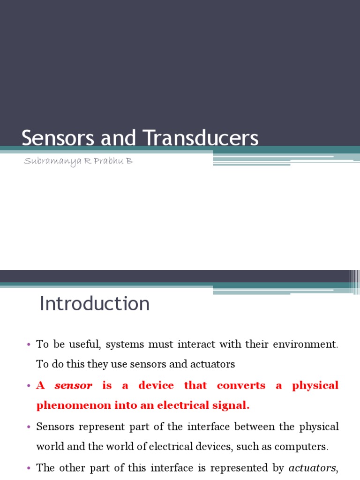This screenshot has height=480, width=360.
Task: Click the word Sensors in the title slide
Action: (x=51, y=138)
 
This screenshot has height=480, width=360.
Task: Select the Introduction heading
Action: (x=95, y=304)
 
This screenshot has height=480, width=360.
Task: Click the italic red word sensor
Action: (x=74, y=386)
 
